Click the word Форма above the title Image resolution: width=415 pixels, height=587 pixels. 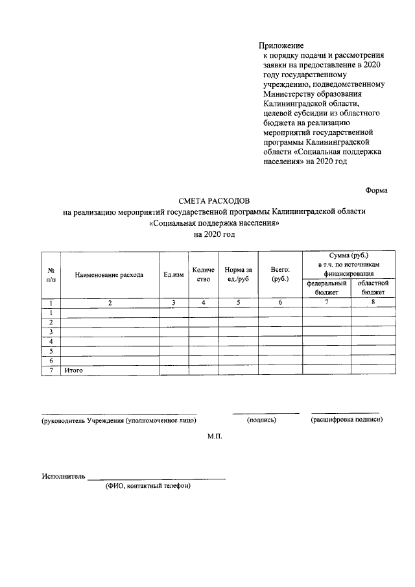[376, 190]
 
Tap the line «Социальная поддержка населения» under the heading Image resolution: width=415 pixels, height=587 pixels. [214, 222]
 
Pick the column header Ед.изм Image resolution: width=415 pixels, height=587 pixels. [173, 275]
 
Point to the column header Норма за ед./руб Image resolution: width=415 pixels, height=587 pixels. [238, 274]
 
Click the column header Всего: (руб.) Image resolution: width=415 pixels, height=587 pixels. [279, 274]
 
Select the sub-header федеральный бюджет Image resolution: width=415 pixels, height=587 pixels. [327, 288]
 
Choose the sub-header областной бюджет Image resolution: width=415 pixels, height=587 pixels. [373, 288]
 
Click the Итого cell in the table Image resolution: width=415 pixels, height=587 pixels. [72, 370]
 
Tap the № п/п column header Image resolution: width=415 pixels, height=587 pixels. [51, 274]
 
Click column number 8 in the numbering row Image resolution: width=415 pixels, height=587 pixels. [373, 302]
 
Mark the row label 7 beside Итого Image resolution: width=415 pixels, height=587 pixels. [51, 370]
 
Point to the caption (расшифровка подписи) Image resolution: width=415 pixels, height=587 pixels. [347, 420]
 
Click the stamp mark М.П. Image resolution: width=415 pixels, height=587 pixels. [215, 438]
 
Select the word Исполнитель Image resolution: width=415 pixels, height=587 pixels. [64, 476]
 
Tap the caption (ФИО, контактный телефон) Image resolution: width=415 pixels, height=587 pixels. [148, 486]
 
